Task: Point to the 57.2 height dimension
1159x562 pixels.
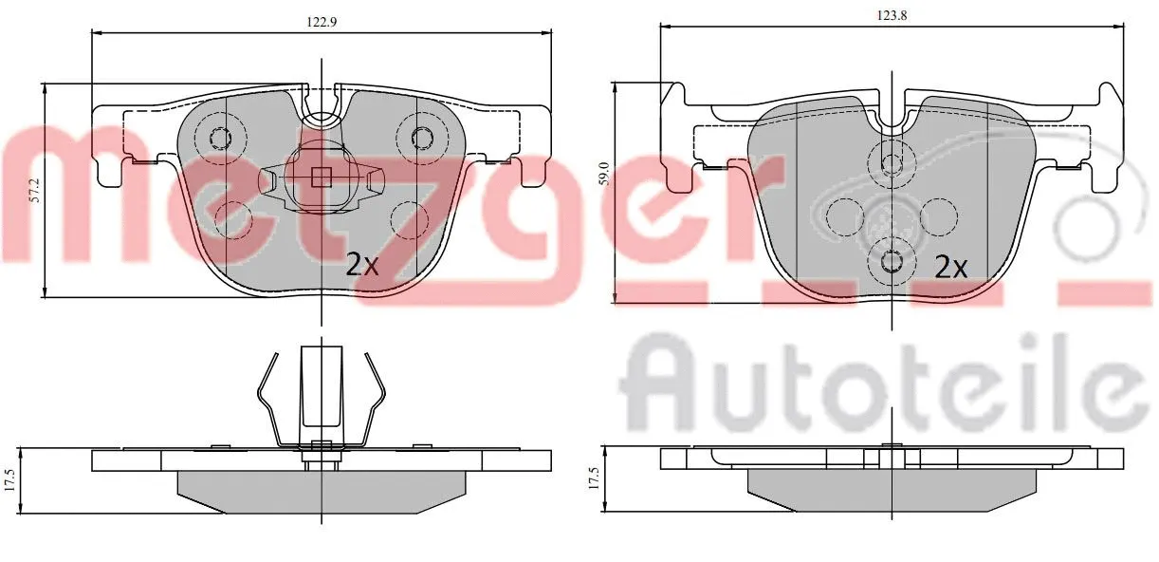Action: coord(35,190)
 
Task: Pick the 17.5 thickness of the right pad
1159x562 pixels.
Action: coord(595,476)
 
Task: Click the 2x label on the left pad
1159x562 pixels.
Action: coord(361,265)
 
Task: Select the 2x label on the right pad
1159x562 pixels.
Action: coord(950,267)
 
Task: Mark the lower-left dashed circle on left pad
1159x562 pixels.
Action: coord(233,219)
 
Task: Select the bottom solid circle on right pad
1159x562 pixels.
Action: coord(891,259)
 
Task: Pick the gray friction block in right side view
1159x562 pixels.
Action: coord(892,487)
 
